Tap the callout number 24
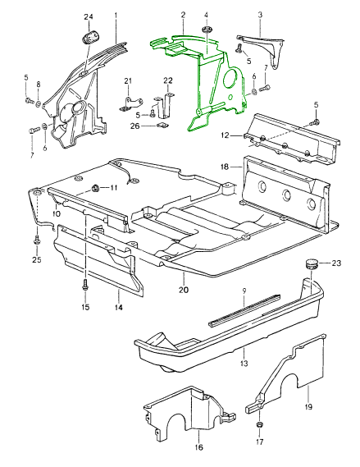[89, 17]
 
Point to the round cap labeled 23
[312, 263]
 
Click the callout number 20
[184, 290]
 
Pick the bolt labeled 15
[85, 286]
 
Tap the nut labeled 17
[259, 424]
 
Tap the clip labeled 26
[162, 126]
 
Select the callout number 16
[198, 448]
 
